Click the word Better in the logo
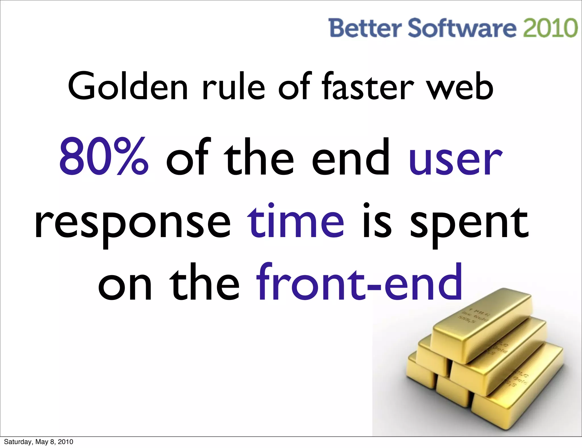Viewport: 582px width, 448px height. [x=365, y=28]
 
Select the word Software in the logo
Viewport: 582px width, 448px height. [x=462, y=28]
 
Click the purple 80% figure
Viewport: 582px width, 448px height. [x=104, y=157]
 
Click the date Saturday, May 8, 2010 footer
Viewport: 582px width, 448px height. [x=38, y=442]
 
